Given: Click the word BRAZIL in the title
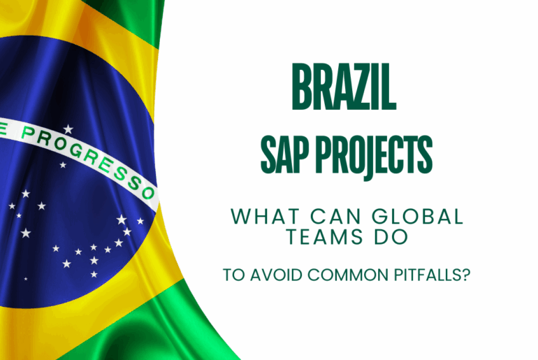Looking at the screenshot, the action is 344,86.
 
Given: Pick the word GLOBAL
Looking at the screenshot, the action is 418,217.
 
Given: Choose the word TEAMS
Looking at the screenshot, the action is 324,237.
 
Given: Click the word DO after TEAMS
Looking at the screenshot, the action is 391,237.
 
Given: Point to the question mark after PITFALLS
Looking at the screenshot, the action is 465,275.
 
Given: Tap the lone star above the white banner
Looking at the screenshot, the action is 68,129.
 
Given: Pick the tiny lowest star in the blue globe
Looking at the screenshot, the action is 26,279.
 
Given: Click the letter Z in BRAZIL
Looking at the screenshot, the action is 362,86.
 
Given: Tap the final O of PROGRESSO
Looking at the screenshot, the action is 149,193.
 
